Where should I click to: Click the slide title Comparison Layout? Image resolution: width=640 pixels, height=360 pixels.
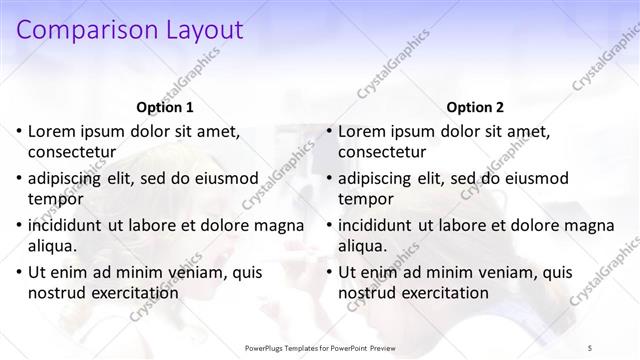click(130, 30)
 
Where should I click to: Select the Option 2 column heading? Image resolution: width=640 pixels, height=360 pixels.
click(475, 107)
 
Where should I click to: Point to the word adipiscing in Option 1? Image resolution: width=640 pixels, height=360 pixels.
click(70, 177)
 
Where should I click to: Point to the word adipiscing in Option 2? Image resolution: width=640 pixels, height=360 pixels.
click(380, 177)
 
